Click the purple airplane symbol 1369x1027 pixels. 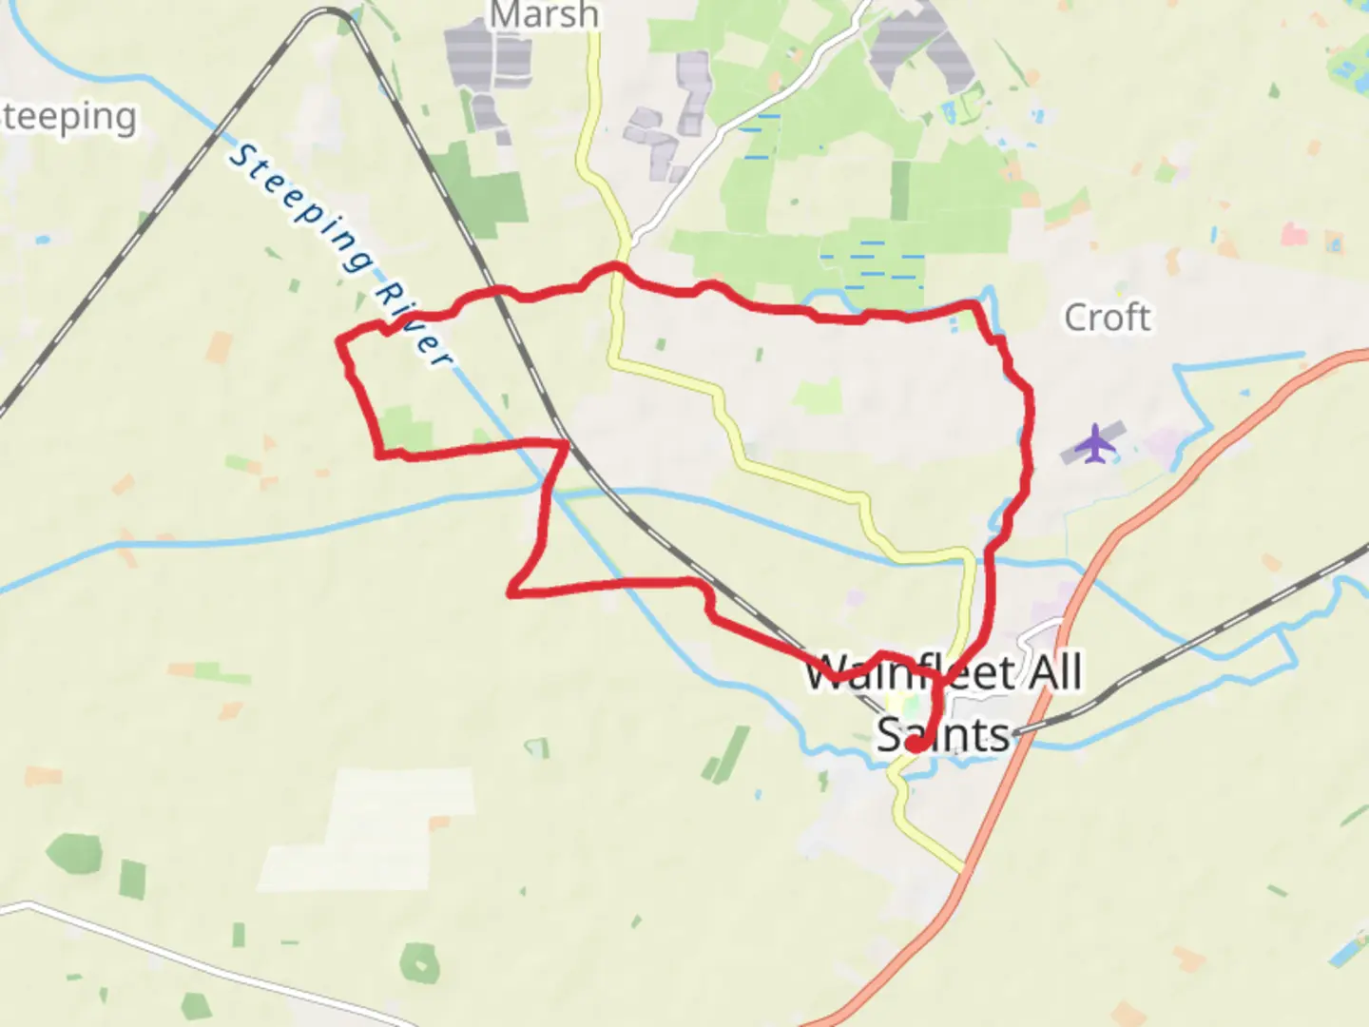pyautogui.click(x=1096, y=443)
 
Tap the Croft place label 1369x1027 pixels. pyautogui.click(x=1107, y=318)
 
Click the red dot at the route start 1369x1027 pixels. pyautogui.click(x=915, y=746)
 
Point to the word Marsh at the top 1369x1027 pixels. pyautogui.click(x=545, y=14)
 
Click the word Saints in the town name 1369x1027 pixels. pyautogui.click(x=942, y=735)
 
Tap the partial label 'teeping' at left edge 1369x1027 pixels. pyautogui.click(x=68, y=117)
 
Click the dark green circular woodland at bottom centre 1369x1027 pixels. pyautogui.click(x=419, y=962)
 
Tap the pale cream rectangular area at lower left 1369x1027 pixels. pyautogui.click(x=380, y=827)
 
